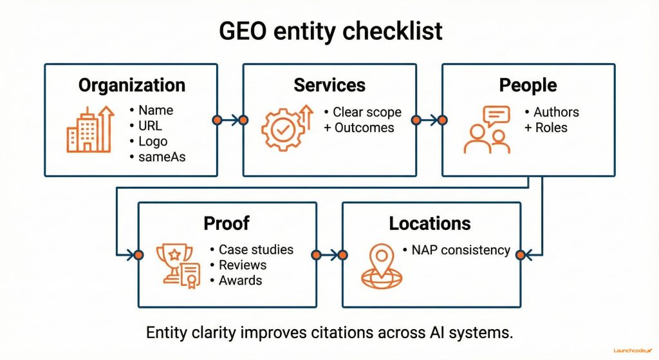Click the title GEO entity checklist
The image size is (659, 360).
[329, 31]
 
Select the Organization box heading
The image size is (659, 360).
[131, 85]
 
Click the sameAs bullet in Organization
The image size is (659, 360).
[162, 156]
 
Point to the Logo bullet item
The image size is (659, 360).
[153, 141]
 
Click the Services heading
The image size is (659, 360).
[329, 85]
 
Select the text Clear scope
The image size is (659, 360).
[366, 112]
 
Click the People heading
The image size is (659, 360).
[528, 85]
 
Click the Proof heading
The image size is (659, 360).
[227, 223]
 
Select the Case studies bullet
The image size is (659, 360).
[255, 249]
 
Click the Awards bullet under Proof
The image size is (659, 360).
[240, 280]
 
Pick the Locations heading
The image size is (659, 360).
[430, 223]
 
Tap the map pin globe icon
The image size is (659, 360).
[379, 265]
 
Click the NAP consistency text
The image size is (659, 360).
[460, 250]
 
